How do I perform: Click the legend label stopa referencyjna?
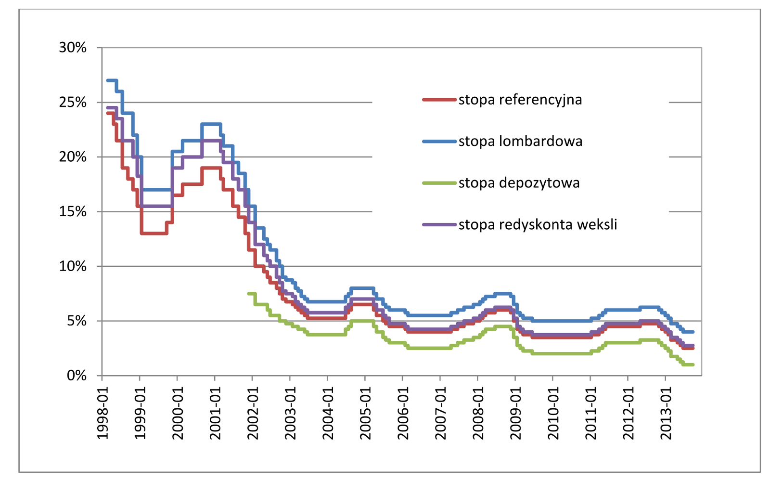520,100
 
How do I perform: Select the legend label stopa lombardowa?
520,141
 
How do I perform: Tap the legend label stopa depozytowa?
519,183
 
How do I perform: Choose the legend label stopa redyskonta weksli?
537,224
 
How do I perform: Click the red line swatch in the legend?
439,100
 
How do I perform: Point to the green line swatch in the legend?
439,183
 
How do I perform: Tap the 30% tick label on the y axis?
73,48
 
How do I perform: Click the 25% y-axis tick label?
73,103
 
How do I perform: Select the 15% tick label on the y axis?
73,212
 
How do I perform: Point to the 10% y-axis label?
73,266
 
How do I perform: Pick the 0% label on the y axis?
77,376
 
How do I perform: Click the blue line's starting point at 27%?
108,80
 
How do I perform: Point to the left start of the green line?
249,293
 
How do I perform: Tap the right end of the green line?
693,364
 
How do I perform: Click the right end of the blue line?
693,332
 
